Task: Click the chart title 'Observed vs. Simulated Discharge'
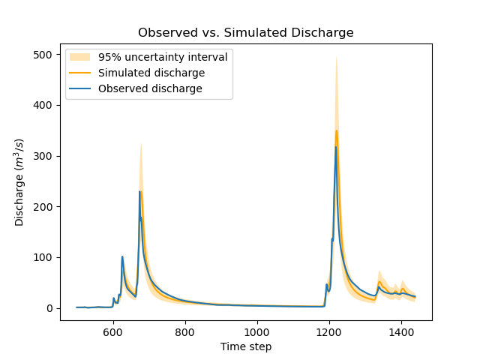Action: [x=245, y=33]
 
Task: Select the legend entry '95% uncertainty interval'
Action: [x=158, y=57]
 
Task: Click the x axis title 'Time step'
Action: [x=245, y=346]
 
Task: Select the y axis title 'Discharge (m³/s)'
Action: [x=20, y=182]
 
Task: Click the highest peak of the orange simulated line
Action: [x=336, y=130]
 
